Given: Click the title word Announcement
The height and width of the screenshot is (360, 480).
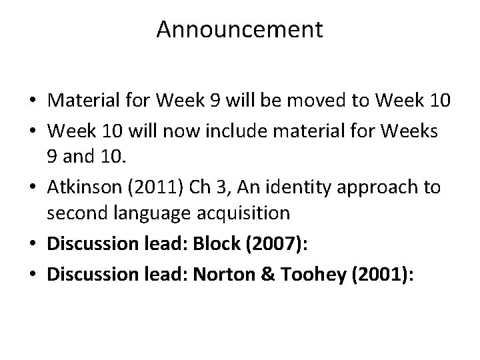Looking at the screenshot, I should pyautogui.click(x=240, y=30).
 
